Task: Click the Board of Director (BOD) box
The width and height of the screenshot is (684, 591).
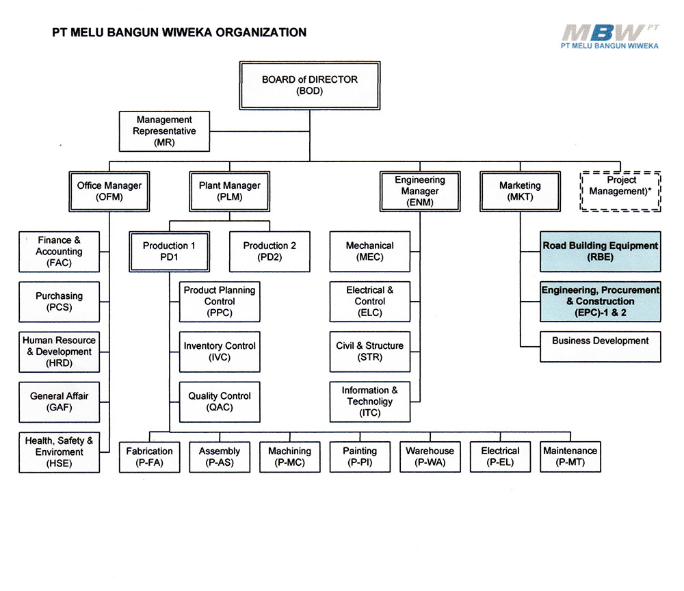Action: coord(309,85)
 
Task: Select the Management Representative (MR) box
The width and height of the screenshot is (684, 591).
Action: coord(164,131)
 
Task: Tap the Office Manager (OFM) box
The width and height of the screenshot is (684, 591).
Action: coord(109,191)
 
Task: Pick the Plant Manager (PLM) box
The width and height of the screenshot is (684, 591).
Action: coord(229,191)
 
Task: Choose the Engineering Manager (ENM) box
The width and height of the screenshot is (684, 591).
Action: coord(419,191)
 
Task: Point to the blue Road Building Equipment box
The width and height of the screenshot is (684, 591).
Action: coord(601,251)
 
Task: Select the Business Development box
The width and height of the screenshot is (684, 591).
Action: coord(601,346)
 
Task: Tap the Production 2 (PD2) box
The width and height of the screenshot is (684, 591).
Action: coord(269,251)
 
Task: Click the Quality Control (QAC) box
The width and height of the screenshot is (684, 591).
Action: coord(220,402)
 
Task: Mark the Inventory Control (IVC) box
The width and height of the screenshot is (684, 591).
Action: coord(220,352)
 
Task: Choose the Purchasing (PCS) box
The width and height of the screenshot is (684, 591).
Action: coord(59,302)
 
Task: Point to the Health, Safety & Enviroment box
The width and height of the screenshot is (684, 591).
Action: coord(59,452)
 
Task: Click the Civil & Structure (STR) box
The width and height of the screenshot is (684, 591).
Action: coord(370,352)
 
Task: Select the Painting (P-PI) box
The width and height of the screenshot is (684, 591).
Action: coord(360,457)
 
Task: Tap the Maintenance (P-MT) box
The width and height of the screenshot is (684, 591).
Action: coord(570,457)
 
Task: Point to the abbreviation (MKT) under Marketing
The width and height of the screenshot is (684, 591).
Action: coord(520,197)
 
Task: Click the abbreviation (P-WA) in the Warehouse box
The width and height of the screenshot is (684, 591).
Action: coord(430,462)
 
